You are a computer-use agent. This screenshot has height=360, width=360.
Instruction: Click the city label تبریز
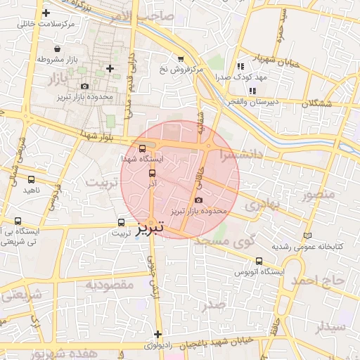(150, 228)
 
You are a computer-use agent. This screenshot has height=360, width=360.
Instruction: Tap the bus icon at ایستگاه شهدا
(143, 149)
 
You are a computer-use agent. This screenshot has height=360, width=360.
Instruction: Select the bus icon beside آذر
(152, 172)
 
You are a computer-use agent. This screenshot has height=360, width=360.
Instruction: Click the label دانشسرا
(240, 153)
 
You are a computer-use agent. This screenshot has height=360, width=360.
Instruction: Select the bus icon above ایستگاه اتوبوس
(240, 260)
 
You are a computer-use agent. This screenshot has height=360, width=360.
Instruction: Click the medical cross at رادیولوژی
(157, 334)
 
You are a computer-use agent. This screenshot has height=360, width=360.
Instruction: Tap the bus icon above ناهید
(31, 179)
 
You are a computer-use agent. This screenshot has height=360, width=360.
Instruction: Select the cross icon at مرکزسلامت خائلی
(46, 13)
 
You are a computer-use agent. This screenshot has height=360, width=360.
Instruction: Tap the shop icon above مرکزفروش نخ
(181, 59)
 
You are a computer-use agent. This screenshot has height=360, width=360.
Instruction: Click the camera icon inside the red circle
(197, 200)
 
